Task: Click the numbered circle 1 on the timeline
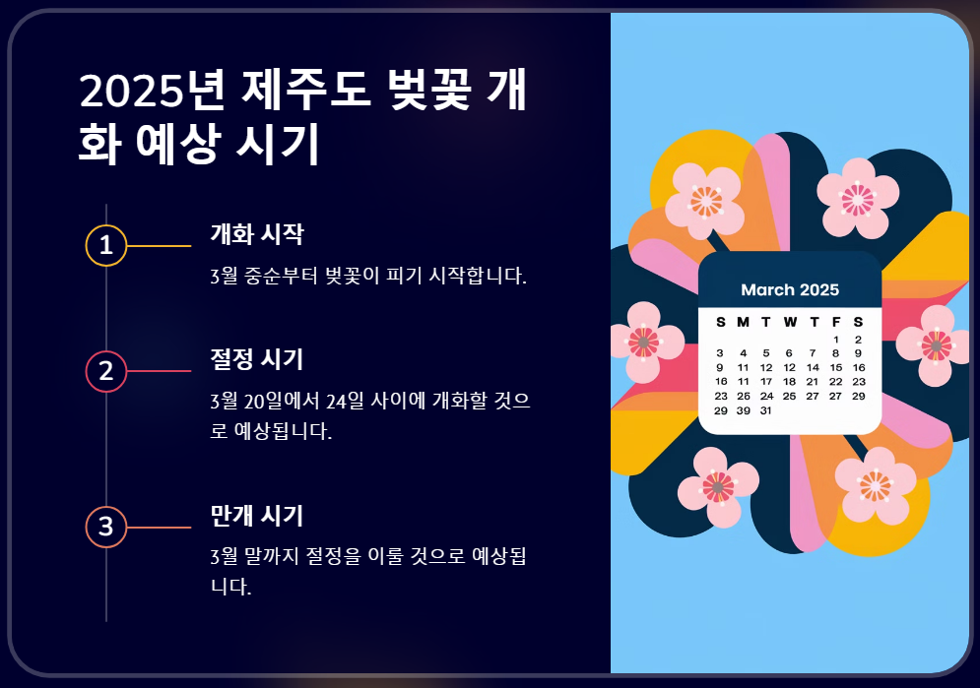tap(106, 246)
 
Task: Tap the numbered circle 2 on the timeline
tap(106, 371)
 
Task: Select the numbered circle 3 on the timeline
tap(106, 527)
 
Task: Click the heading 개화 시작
tap(256, 235)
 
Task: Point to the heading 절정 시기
tap(256, 359)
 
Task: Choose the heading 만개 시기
tap(256, 515)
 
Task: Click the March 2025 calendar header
tap(790, 289)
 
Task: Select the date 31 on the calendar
tap(765, 410)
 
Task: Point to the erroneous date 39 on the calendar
tap(743, 410)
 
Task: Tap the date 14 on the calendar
tap(813, 367)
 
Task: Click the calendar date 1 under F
tap(835, 339)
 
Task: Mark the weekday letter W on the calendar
tap(790, 322)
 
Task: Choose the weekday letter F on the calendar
tap(836, 322)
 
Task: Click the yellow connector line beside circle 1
tap(159, 246)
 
